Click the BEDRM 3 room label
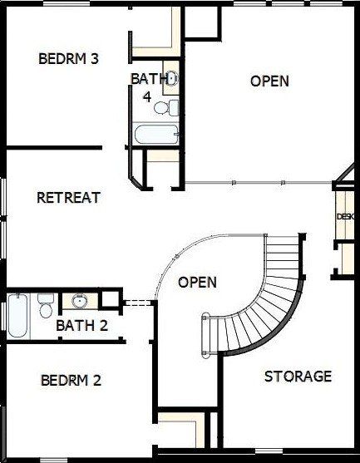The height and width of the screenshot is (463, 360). point(68,58)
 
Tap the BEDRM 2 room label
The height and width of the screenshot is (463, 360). point(71,380)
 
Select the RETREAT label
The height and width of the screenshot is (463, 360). point(68,197)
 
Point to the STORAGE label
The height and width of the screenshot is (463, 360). point(298,377)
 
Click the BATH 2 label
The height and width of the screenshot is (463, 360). point(81,325)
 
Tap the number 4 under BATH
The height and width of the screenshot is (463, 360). point(147,96)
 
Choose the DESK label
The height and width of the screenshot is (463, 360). point(345,216)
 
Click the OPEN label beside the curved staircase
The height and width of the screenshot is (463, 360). point(197,283)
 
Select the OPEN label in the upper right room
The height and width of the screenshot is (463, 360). point(269,81)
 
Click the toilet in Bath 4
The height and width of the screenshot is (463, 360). point(166,108)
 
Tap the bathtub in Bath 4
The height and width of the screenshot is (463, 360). point(156,134)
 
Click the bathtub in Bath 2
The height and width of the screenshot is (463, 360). point(18,316)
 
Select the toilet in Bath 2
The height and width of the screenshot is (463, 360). point(46,305)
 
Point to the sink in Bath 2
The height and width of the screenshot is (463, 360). point(80,302)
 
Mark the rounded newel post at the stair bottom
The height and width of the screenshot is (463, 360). point(205,337)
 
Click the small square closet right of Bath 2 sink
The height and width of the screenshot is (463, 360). point(110,298)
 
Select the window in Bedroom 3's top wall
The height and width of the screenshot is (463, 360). point(67,3)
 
